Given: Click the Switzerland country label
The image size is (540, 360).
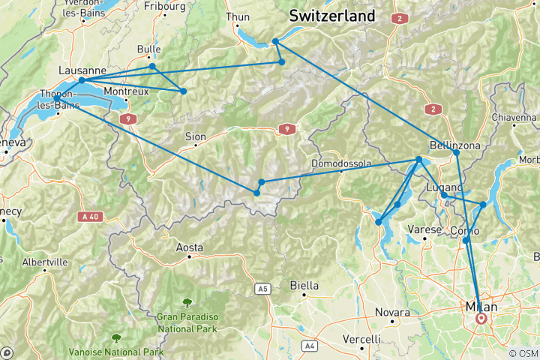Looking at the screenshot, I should [x=332, y=15].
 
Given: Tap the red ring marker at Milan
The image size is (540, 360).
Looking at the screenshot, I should [x=481, y=318].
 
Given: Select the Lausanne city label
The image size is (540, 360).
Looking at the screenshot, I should [x=81, y=70].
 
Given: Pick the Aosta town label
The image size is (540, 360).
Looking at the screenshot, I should [x=189, y=247].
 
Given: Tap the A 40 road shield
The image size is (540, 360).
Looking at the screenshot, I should [x=88, y=216].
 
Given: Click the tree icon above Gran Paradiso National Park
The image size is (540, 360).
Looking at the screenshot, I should [x=186, y=303].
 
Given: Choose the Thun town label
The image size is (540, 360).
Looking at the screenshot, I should [x=238, y=16].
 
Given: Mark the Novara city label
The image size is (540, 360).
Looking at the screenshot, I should [x=392, y=312].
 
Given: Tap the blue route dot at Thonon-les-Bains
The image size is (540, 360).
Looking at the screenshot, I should [x=57, y=98].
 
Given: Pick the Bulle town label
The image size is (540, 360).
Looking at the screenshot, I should [x=148, y=49].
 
